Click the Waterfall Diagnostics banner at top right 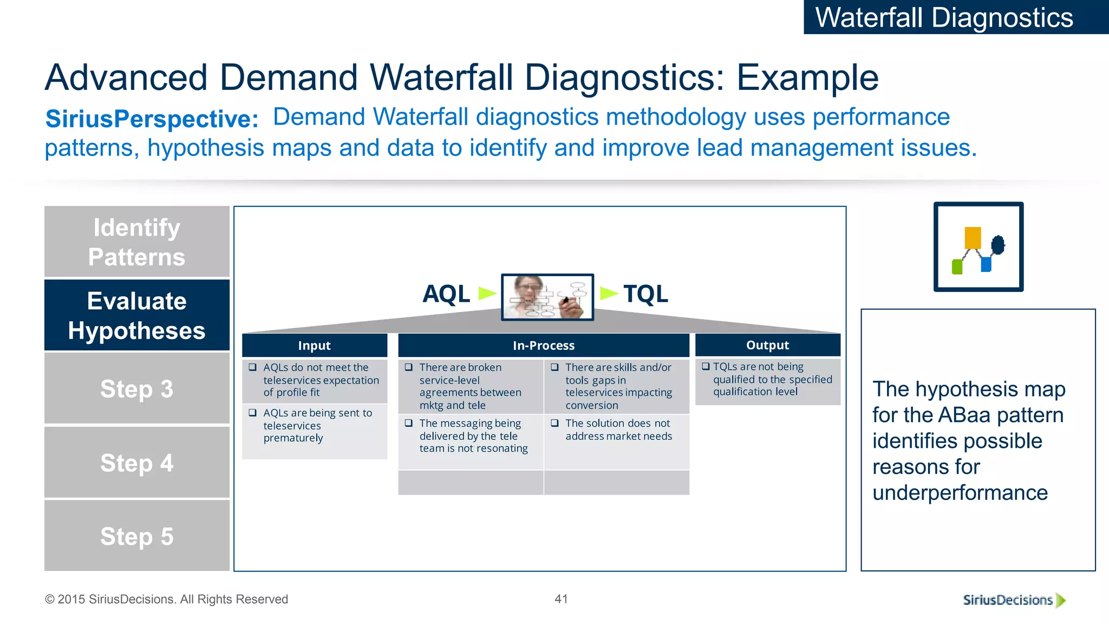pyautogui.click(x=956, y=17)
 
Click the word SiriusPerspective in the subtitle pyautogui.click(x=152, y=119)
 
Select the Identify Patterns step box pyautogui.click(x=137, y=242)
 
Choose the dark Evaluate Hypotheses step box pyautogui.click(x=137, y=315)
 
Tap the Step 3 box pyautogui.click(x=137, y=388)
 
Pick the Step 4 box pyautogui.click(x=137, y=463)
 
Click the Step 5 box pyautogui.click(x=137, y=536)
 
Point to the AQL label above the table pyautogui.click(x=446, y=294)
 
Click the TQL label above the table pyautogui.click(x=645, y=294)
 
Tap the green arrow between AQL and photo pyautogui.click(x=487, y=294)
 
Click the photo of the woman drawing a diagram pyautogui.click(x=547, y=297)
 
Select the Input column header pyautogui.click(x=314, y=346)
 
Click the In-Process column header pyautogui.click(x=544, y=346)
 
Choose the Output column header pyautogui.click(x=767, y=345)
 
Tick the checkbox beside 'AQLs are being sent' pyautogui.click(x=252, y=413)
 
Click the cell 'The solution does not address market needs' pyautogui.click(x=617, y=430)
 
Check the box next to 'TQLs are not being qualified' pyautogui.click(x=706, y=367)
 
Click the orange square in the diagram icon pyautogui.click(x=973, y=238)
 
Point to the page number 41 pyautogui.click(x=561, y=599)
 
